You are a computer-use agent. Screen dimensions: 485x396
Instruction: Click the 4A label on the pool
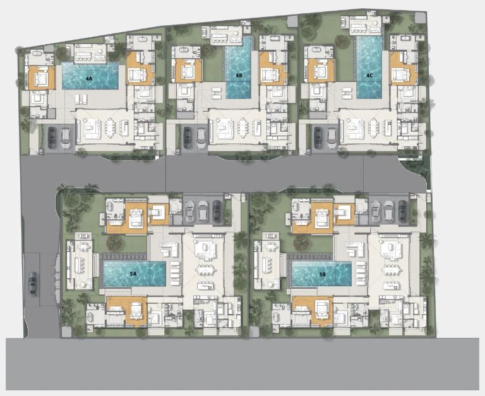[89, 79]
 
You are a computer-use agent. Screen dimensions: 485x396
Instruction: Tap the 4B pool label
[239, 76]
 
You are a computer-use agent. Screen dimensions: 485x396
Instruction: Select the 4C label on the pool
[369, 76]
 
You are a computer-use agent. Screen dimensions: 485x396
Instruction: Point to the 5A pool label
[133, 274]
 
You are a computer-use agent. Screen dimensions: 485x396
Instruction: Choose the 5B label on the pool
[322, 274]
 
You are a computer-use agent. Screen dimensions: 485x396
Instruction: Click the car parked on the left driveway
[32, 283]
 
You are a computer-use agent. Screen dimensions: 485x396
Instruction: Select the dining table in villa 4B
[243, 127]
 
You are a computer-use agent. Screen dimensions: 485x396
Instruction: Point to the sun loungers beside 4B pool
[217, 93]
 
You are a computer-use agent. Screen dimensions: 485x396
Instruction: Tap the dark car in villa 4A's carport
[52, 137]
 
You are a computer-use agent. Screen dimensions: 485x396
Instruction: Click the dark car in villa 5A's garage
[217, 212]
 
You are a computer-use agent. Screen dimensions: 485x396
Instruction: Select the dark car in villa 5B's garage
[403, 212]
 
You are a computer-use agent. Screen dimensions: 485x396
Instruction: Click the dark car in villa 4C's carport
[318, 137]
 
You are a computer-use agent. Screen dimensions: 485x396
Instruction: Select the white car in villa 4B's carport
[201, 138]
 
